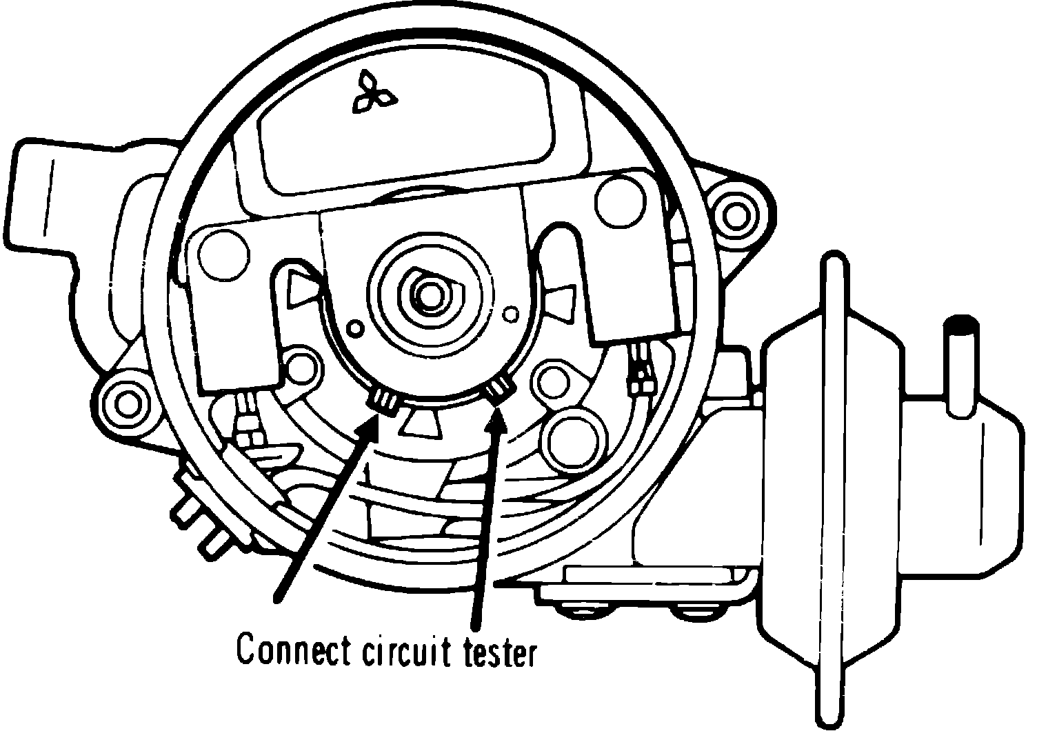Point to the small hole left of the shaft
pyautogui.click(x=356, y=327)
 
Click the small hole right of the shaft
pyautogui.click(x=512, y=314)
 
